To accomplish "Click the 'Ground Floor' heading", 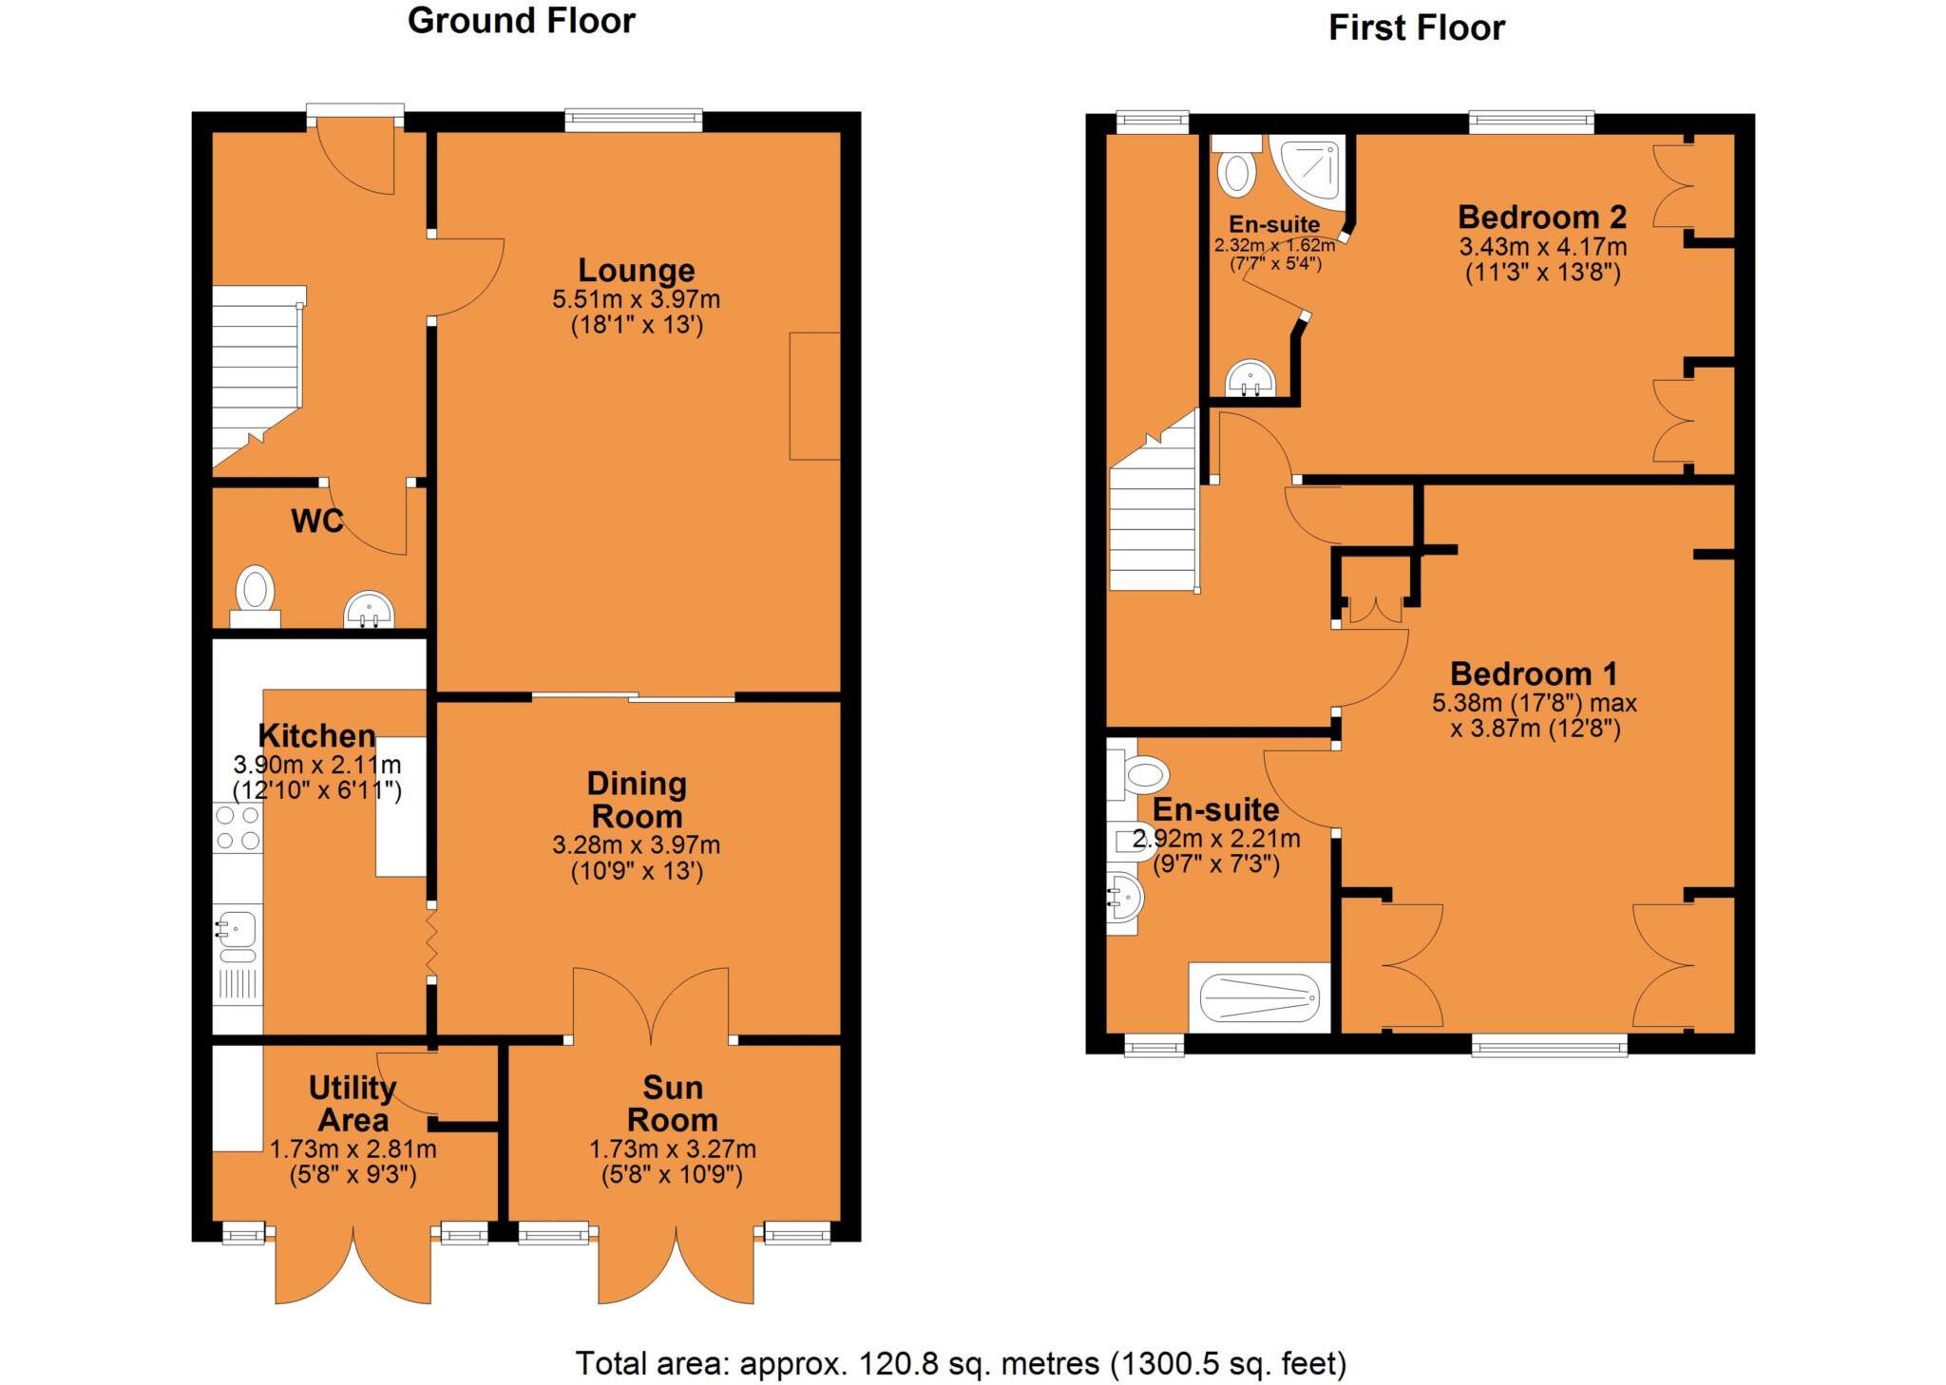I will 521,21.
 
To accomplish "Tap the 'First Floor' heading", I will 1416,28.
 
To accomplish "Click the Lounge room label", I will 636,271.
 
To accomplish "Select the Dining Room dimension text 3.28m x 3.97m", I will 636,844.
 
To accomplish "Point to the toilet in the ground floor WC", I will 255,591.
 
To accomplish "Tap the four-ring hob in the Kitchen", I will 238,827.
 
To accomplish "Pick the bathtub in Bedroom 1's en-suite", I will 1259,998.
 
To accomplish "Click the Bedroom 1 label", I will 1533,674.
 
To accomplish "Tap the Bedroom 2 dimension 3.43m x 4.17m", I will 1542,247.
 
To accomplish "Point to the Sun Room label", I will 672,1103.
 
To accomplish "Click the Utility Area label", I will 353,1103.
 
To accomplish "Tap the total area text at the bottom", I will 961,1363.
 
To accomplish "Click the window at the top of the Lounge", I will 633,120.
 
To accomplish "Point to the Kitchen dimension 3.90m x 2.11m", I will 317,765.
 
